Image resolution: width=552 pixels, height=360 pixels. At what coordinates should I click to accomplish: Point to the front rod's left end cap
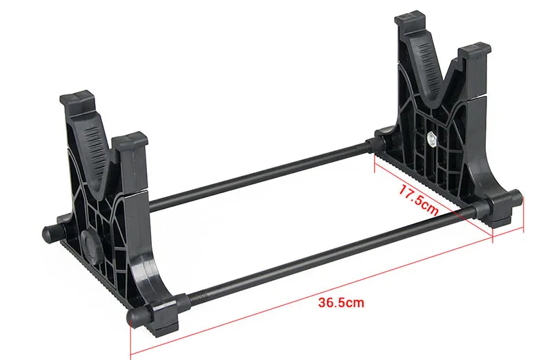(x=134, y=317)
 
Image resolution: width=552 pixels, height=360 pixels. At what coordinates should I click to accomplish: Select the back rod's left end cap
(x=50, y=233)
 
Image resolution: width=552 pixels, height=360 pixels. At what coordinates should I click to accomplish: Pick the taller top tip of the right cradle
(x=411, y=21)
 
